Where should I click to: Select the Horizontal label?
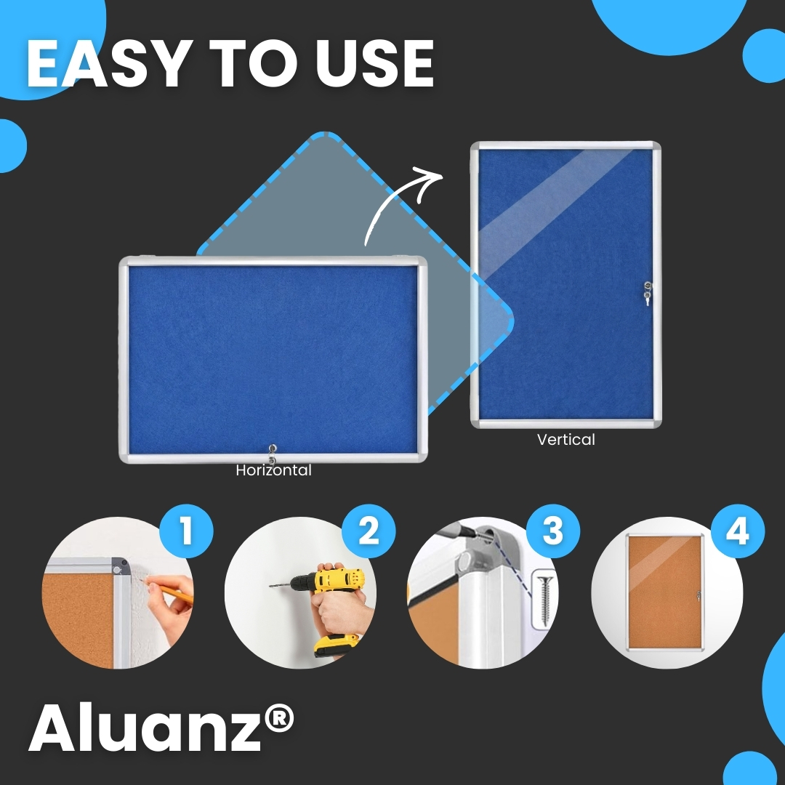coord(274,470)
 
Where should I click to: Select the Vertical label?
coord(566,440)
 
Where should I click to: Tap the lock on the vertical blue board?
coord(648,293)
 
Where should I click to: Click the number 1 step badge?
coord(186,531)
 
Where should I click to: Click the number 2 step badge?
coord(369,531)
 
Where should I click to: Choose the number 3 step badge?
coord(552,531)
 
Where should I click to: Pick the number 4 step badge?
coord(738,531)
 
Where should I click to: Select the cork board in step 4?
coord(665,592)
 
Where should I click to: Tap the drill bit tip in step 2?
coord(270,585)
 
